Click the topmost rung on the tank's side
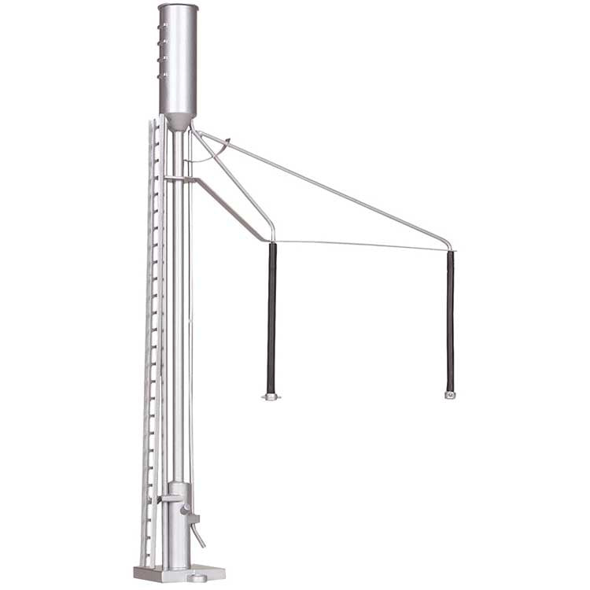pyautogui.click(x=163, y=26)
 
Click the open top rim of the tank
pyautogui.click(x=178, y=7)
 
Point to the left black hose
pyautogui.click(x=272, y=315)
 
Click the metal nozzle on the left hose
pyautogui.click(x=271, y=396)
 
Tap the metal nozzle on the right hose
pyautogui.click(x=450, y=394)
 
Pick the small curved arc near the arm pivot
pyautogui.click(x=223, y=149)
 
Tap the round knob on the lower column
pyautogui.click(x=186, y=512)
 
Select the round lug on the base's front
pyautogui.click(x=199, y=578)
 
